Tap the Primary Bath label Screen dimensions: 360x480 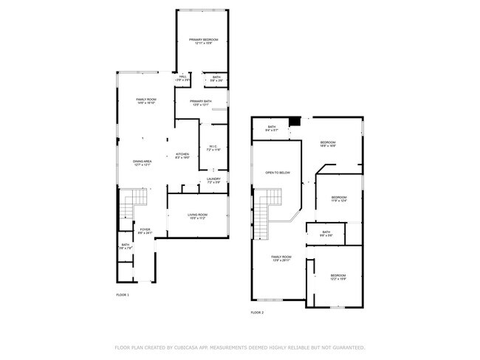[x=201, y=102]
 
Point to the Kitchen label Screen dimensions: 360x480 [x=182, y=155]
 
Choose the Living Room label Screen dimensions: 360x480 [x=196, y=215]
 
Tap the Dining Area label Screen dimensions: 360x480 [x=143, y=162]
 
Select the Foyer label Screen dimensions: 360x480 [x=145, y=230]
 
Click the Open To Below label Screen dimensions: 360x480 [x=278, y=173]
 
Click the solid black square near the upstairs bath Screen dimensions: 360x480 [x=295, y=121]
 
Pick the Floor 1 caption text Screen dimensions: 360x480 [x=123, y=295]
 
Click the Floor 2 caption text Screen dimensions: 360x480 [x=257, y=313]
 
